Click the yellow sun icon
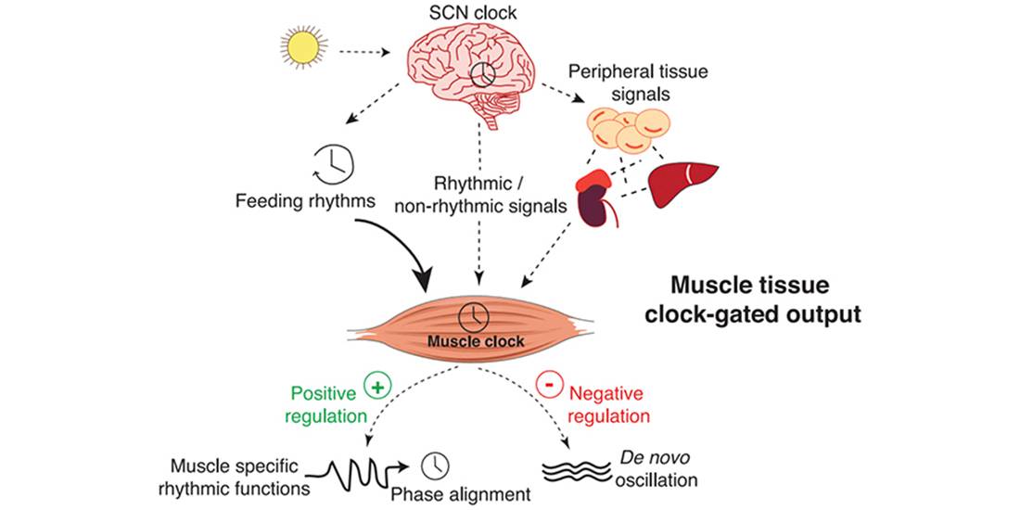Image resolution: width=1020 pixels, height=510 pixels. [304, 48]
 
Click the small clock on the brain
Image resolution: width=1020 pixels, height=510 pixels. [483, 75]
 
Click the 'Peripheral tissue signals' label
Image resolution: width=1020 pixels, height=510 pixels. [630, 82]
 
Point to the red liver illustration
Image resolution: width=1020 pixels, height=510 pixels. [683, 182]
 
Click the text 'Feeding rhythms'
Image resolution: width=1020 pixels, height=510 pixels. [305, 201]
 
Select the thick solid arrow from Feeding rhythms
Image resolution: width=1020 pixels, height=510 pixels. [400, 242]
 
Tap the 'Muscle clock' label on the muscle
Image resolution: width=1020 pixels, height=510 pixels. [476, 341]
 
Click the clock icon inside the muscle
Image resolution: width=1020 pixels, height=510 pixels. [474, 317]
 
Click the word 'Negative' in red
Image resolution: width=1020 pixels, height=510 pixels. [606, 393]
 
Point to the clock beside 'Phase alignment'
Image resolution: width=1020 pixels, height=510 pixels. [435, 465]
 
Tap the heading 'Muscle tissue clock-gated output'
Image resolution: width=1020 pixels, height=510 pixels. [766, 300]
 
